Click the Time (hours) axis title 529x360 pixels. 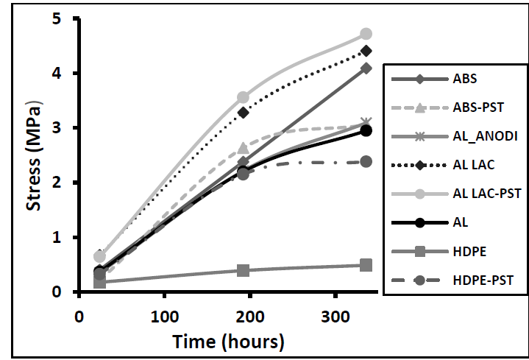pyautogui.click(x=227, y=341)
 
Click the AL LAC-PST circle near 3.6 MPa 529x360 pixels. pyautogui.click(x=243, y=97)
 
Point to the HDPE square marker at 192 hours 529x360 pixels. pyautogui.click(x=243, y=270)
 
